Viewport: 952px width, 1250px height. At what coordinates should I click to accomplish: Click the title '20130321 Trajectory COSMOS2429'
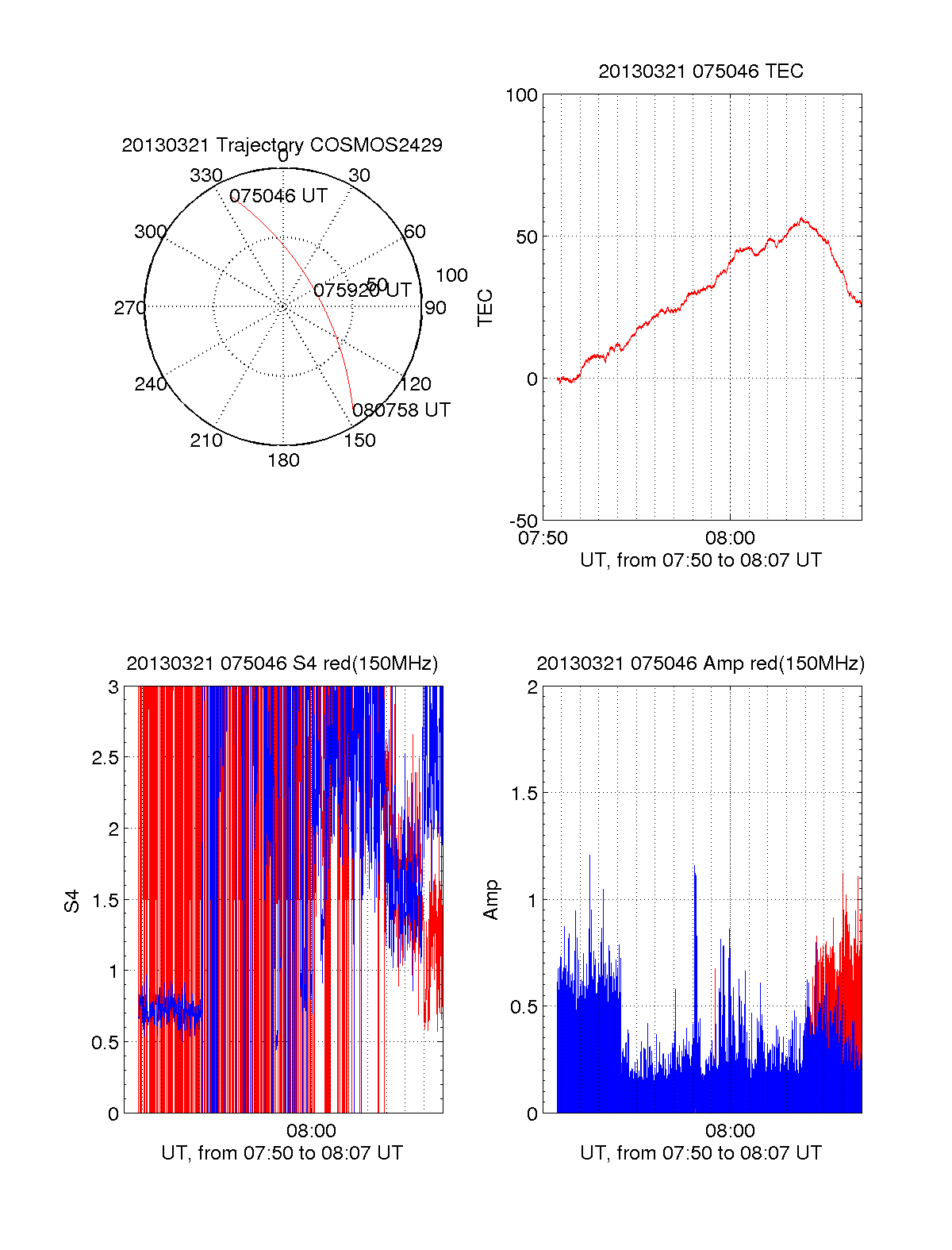(x=282, y=145)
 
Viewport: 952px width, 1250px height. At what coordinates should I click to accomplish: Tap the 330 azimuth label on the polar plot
(x=205, y=175)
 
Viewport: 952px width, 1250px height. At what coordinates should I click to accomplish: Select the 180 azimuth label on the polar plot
(x=283, y=460)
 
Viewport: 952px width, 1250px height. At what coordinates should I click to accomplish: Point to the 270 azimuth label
(x=129, y=308)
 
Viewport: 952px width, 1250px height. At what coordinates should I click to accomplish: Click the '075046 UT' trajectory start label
(x=278, y=196)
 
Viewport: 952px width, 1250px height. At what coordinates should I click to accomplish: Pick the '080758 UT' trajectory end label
(x=401, y=410)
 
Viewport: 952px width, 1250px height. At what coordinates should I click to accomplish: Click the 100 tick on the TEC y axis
(x=521, y=95)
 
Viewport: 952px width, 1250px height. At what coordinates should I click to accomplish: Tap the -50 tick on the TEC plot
(x=523, y=521)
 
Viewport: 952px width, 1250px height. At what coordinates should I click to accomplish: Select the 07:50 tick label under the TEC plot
(x=543, y=538)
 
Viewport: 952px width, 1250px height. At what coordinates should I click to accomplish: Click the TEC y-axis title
(x=485, y=308)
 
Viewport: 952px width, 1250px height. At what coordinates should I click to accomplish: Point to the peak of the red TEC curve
(x=802, y=218)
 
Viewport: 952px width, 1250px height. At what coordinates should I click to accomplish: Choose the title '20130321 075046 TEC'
(x=701, y=71)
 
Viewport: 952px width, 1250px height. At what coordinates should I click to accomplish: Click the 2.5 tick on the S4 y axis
(x=106, y=757)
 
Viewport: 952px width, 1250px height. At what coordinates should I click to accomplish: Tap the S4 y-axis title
(x=72, y=901)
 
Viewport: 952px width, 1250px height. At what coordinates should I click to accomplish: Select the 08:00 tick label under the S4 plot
(x=311, y=1131)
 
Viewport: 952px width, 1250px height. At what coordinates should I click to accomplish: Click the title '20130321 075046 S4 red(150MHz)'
(x=282, y=663)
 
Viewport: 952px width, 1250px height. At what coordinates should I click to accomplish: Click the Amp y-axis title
(x=491, y=899)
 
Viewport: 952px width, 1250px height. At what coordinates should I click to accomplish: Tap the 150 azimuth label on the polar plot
(x=359, y=440)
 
